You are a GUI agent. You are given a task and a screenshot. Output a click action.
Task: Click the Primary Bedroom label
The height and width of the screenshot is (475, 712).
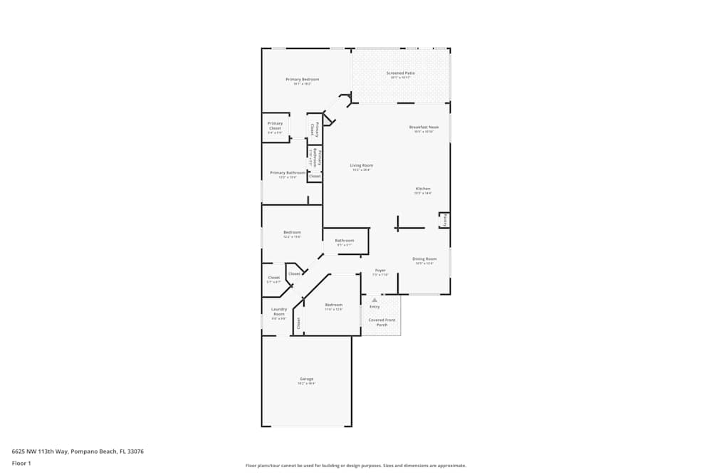click(x=302, y=79)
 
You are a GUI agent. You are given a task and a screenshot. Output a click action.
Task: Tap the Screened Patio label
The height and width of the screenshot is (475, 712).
click(x=400, y=73)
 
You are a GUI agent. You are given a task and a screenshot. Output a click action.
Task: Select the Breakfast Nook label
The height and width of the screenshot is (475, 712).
click(x=424, y=127)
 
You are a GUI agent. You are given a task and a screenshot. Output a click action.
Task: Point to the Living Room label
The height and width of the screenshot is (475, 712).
click(x=362, y=165)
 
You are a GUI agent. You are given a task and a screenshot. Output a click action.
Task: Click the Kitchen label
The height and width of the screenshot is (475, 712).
click(x=423, y=189)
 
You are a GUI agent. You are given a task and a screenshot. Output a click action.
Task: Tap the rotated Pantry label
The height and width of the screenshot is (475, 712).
click(x=445, y=220)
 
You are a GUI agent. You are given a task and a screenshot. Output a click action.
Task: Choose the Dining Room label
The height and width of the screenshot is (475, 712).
click(x=424, y=259)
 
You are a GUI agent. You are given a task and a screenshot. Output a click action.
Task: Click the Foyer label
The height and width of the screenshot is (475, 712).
click(x=380, y=270)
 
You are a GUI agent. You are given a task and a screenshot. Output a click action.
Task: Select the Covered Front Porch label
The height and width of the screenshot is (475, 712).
click(x=382, y=323)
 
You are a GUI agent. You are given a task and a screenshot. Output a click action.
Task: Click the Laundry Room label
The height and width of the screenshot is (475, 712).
click(x=278, y=311)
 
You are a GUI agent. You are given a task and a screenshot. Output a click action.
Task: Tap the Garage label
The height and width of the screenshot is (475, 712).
click(x=306, y=379)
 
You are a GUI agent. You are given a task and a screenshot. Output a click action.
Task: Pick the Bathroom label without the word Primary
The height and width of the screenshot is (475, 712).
click(x=345, y=240)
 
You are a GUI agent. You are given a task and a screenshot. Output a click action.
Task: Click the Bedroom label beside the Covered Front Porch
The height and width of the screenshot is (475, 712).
click(x=333, y=305)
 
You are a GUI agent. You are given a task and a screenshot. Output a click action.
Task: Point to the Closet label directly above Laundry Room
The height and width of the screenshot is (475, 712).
click(x=273, y=278)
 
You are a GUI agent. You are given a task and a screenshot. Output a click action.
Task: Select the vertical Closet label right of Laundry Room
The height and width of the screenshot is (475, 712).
click(x=298, y=323)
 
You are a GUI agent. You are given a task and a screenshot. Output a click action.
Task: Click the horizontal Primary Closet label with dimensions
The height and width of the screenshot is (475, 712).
click(x=275, y=125)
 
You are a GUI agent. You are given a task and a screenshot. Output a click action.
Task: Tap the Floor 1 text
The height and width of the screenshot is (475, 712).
click(x=21, y=463)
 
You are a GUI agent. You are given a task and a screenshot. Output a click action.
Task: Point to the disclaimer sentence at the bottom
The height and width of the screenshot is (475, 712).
click(x=355, y=466)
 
